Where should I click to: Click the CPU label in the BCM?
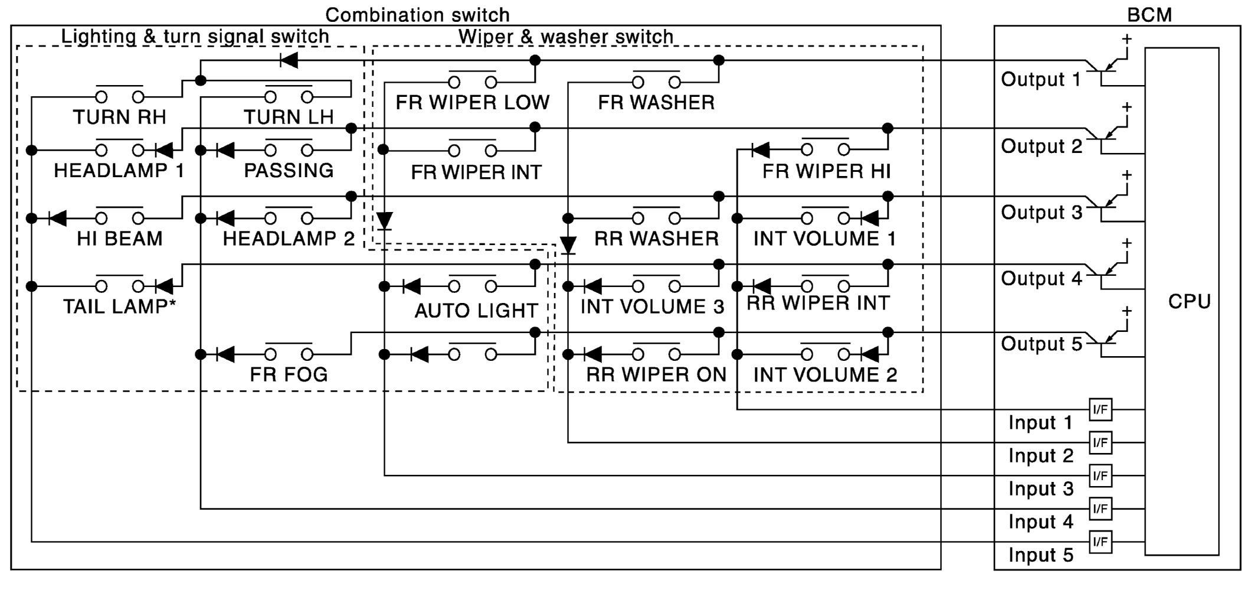pyautogui.click(x=1189, y=302)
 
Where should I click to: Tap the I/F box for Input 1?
pyautogui.click(x=1100, y=409)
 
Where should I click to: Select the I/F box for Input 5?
pyautogui.click(x=1100, y=542)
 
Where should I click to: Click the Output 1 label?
pyautogui.click(x=1041, y=79)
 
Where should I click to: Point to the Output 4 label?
pyautogui.click(x=1042, y=278)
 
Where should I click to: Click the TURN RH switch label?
pyautogui.click(x=120, y=117)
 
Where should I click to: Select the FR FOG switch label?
pyautogui.click(x=289, y=374)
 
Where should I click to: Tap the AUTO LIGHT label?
pyautogui.click(x=476, y=311)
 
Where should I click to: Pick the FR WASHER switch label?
pyautogui.click(x=656, y=103)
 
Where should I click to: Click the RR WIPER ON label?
pyautogui.click(x=656, y=374)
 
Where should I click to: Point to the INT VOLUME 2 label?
pyautogui.click(x=825, y=374)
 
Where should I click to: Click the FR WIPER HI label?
pyautogui.click(x=826, y=171)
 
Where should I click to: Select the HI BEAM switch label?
pyautogui.click(x=120, y=239)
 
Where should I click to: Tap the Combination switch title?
pyautogui.click(x=417, y=15)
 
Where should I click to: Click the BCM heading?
pyautogui.click(x=1149, y=15)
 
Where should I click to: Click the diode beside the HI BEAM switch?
pyautogui.click(x=57, y=219)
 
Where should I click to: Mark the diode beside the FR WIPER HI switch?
pyautogui.click(x=761, y=150)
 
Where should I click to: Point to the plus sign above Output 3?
pyautogui.click(x=1127, y=175)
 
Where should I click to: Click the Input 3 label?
pyautogui.click(x=1041, y=489)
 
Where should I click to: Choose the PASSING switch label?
pyautogui.click(x=289, y=171)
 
